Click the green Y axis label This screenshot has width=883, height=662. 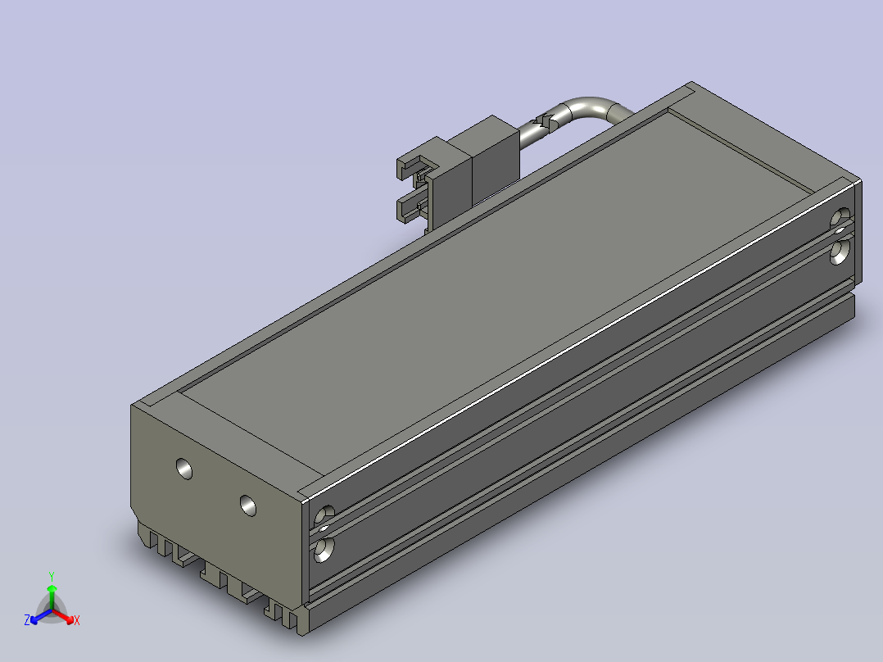[52, 576]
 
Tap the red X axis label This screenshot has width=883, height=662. [77, 620]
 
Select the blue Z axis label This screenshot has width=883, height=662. [27, 619]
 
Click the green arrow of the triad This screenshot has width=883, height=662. [52, 596]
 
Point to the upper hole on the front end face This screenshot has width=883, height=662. [184, 469]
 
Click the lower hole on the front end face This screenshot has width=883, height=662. [247, 506]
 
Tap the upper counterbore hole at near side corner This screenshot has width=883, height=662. [324, 515]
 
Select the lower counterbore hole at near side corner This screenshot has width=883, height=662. [324, 550]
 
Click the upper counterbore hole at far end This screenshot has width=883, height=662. [840, 217]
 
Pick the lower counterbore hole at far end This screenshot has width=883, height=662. [840, 252]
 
